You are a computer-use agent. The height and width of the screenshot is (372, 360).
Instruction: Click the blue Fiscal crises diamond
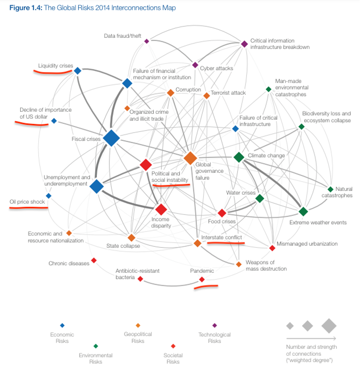tap(112, 138)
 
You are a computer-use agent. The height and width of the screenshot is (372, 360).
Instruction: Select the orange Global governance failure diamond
tap(190, 158)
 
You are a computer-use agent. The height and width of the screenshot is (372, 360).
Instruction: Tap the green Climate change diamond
tap(239, 157)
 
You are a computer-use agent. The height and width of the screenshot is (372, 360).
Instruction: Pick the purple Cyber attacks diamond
tap(195, 65)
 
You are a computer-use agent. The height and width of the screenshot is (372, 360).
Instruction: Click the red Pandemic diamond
tap(202, 280)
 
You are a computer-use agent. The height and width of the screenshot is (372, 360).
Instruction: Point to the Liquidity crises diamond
tap(78, 71)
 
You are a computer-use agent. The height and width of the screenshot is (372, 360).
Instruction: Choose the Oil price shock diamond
tap(49, 196)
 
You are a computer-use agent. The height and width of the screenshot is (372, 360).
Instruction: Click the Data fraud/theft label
tap(123, 36)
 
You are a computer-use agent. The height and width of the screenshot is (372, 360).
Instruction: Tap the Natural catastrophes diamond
tap(330, 189)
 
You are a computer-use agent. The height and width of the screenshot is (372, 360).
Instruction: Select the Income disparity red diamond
tap(161, 209)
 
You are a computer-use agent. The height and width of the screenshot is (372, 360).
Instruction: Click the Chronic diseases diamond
tap(94, 260)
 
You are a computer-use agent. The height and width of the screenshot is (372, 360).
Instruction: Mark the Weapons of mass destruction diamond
tap(239, 264)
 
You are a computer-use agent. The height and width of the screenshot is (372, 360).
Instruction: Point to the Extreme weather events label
tap(318, 222)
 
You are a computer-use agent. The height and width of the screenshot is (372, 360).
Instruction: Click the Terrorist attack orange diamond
tap(206, 96)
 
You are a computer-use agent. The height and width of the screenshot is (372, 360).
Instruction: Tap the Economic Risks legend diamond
tap(62, 325)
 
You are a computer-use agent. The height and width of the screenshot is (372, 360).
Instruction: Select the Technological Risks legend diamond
tap(215, 325)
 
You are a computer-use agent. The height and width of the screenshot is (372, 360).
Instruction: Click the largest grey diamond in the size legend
tap(329, 325)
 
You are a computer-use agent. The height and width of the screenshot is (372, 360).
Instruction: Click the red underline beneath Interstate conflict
tap(225, 243)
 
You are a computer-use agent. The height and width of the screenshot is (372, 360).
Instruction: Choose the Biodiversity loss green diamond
tap(301, 127)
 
